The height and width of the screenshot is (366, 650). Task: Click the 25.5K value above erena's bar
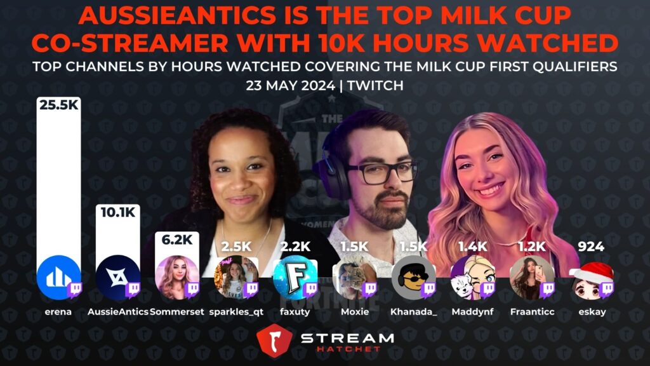[x=59, y=105]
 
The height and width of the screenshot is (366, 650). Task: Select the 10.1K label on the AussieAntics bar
[x=118, y=212]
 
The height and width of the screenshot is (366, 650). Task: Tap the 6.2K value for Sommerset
[x=177, y=240]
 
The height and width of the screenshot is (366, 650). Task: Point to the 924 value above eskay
[x=591, y=247]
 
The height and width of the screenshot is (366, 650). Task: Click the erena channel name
[x=58, y=311]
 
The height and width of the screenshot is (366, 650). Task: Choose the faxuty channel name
[x=295, y=311]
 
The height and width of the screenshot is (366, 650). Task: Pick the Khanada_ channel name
[x=413, y=311]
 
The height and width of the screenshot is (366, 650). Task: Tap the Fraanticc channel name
[x=533, y=311]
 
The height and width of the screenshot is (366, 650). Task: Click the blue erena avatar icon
[x=58, y=277]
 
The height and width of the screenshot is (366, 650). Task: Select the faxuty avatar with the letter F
[x=295, y=277]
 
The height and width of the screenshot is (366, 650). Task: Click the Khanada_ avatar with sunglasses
[x=414, y=277]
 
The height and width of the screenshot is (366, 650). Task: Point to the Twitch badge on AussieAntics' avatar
[x=133, y=289]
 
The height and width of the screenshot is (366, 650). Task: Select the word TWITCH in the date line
[x=375, y=86]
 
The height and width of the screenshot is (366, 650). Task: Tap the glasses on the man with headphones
[x=382, y=172]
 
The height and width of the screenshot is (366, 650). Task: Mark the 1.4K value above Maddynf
[x=472, y=247]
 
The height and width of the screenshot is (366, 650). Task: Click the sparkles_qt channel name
[x=236, y=312]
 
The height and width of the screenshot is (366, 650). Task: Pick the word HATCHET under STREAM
[x=348, y=349]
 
